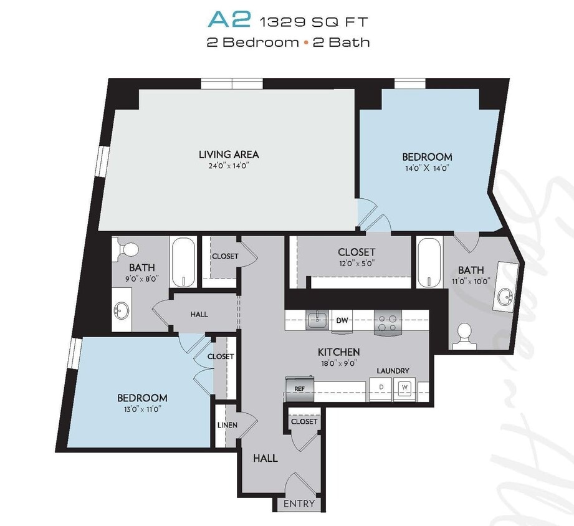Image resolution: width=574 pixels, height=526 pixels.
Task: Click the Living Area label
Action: point(229,154)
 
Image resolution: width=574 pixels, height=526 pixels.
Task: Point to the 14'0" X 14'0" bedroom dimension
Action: point(427,168)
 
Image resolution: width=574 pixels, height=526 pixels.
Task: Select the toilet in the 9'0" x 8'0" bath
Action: point(129,249)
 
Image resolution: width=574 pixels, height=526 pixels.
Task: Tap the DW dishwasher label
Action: point(342,320)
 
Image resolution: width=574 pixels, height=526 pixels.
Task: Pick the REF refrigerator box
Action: point(299,388)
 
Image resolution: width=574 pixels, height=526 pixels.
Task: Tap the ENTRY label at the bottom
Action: point(299,504)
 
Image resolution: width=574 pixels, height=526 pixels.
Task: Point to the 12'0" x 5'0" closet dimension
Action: point(356,263)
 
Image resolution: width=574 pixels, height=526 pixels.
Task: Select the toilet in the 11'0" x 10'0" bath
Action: point(464,333)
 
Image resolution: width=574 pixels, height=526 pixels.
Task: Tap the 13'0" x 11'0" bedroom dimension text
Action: point(142,409)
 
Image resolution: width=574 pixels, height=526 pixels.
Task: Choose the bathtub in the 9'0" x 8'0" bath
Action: point(184,262)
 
